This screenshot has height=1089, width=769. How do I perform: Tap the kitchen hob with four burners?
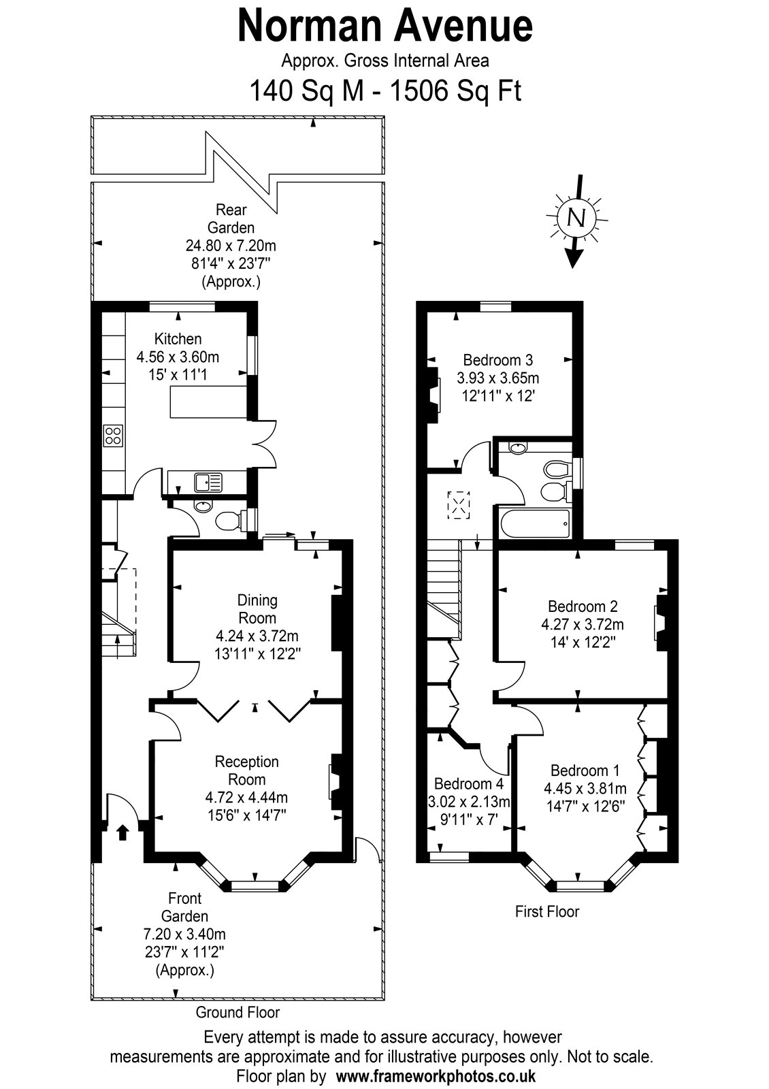click(113, 435)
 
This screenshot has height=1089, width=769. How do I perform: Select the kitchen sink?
click(208, 482)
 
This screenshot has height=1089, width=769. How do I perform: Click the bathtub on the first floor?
click(534, 523)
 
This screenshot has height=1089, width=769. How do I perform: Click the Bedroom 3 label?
click(497, 360)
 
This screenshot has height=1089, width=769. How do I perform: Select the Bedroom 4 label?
click(469, 783)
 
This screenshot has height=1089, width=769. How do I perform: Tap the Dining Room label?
click(257, 608)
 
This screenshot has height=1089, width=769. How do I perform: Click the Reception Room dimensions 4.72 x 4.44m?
click(246, 797)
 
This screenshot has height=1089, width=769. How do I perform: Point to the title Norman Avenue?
click(385, 26)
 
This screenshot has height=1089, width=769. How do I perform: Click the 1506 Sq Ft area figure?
click(456, 91)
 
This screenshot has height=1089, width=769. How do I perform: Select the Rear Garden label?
click(231, 218)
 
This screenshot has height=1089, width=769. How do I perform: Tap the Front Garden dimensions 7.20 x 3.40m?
click(184, 933)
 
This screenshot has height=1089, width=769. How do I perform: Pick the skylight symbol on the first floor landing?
click(459, 505)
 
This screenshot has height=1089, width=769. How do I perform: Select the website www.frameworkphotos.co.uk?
click(436, 1075)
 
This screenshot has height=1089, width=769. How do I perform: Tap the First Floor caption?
click(547, 911)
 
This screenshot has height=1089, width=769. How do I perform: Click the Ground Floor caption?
click(238, 1012)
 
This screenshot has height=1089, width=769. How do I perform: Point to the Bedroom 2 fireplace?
click(661, 623)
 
